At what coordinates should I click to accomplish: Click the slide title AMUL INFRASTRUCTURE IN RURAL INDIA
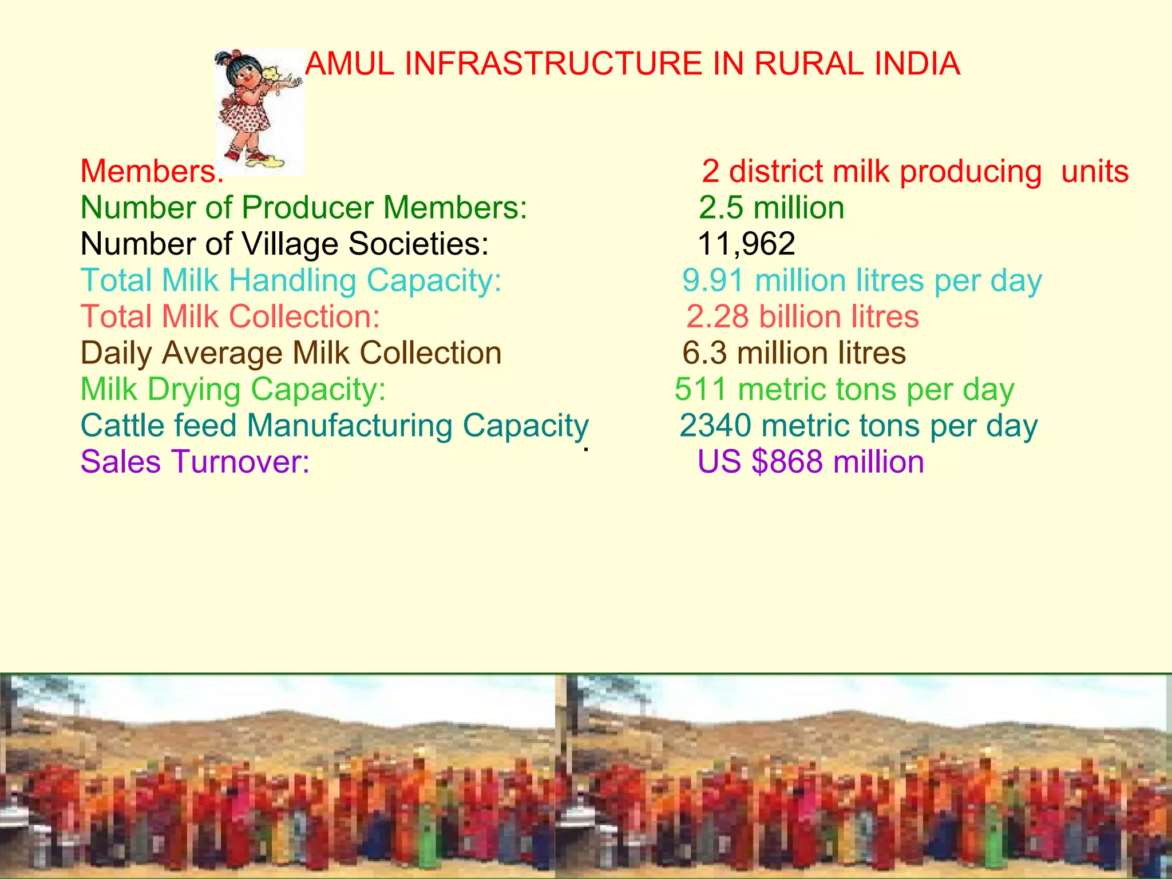[x=632, y=64]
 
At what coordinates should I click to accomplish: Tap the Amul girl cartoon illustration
[x=259, y=112]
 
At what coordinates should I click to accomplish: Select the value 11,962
[x=747, y=244]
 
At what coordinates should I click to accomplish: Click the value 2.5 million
[x=771, y=207]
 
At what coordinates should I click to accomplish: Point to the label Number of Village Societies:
[x=284, y=244]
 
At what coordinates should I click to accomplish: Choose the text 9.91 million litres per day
[x=862, y=280]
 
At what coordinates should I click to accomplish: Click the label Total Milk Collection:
[x=230, y=316]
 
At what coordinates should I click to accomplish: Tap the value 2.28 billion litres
[x=802, y=316]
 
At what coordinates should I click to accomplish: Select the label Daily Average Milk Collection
[x=291, y=353]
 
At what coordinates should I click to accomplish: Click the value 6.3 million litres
[x=794, y=353]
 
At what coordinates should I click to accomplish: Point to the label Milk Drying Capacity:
[x=233, y=389]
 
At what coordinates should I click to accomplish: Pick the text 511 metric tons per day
[x=844, y=389]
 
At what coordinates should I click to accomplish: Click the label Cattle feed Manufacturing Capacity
[x=335, y=426]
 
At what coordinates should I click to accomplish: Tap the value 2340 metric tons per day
[x=858, y=426]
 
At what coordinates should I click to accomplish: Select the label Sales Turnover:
[x=195, y=462]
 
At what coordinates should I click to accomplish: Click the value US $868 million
[x=811, y=462]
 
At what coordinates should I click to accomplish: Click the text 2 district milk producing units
[x=915, y=171]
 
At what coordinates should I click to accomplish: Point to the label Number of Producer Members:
[x=303, y=207]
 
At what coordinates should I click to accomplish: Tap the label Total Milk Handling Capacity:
[x=291, y=280]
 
